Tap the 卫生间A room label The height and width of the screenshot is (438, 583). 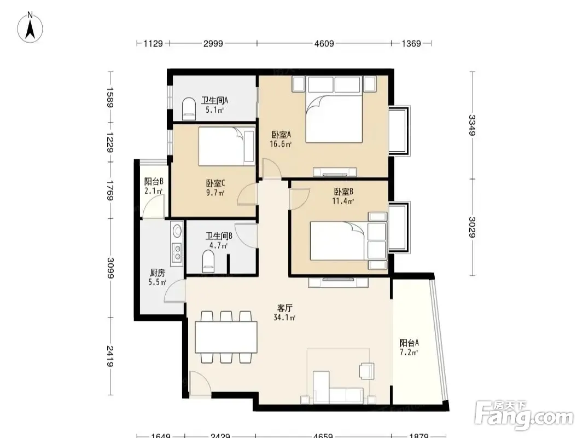[214, 101]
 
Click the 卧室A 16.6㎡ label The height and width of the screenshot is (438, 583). [281, 139]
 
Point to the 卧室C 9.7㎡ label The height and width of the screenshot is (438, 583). [215, 188]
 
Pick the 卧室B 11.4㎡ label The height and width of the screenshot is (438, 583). [343, 197]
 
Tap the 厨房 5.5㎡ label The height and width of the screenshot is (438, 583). [158, 278]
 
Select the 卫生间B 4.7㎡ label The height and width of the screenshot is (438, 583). [219, 240]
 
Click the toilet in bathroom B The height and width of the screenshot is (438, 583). [208, 261]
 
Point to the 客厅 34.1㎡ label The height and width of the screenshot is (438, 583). [284, 313]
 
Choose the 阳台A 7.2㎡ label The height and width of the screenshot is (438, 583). [409, 347]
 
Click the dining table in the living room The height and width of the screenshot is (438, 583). [226, 337]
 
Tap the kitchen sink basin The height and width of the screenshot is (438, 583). [177, 230]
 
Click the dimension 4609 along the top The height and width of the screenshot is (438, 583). [324, 44]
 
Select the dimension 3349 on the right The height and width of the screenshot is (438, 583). [472, 125]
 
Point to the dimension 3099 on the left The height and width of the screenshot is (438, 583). [110, 268]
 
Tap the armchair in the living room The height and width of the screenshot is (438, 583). [366, 371]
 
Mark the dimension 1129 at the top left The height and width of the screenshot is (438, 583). [153, 44]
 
